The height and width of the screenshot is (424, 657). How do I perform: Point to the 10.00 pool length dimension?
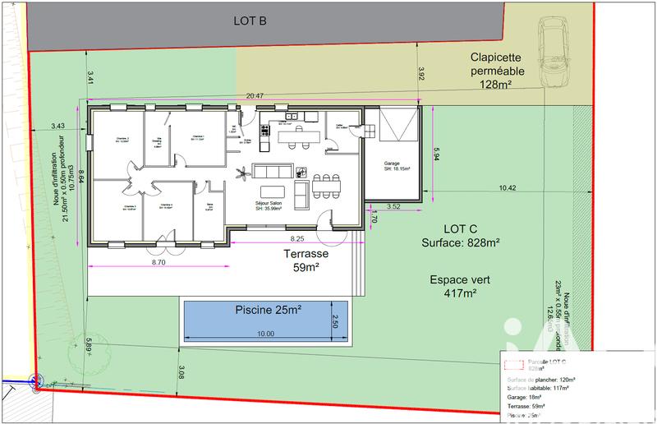pyautogui.click(x=265, y=334)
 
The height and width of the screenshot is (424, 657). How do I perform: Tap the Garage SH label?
pyautogui.click(x=396, y=167)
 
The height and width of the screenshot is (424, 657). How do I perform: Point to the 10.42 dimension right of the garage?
pyautogui.click(x=507, y=188)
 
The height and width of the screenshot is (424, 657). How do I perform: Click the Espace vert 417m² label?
pyautogui.click(x=460, y=286)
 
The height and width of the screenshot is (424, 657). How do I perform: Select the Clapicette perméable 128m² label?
pyautogui.click(x=503, y=71)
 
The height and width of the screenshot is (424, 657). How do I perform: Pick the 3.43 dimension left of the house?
pyautogui.click(x=57, y=126)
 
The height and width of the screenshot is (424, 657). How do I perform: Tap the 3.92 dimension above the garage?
pyautogui.click(x=421, y=74)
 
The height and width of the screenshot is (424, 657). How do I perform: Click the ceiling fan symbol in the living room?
pyautogui.click(x=241, y=173)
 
